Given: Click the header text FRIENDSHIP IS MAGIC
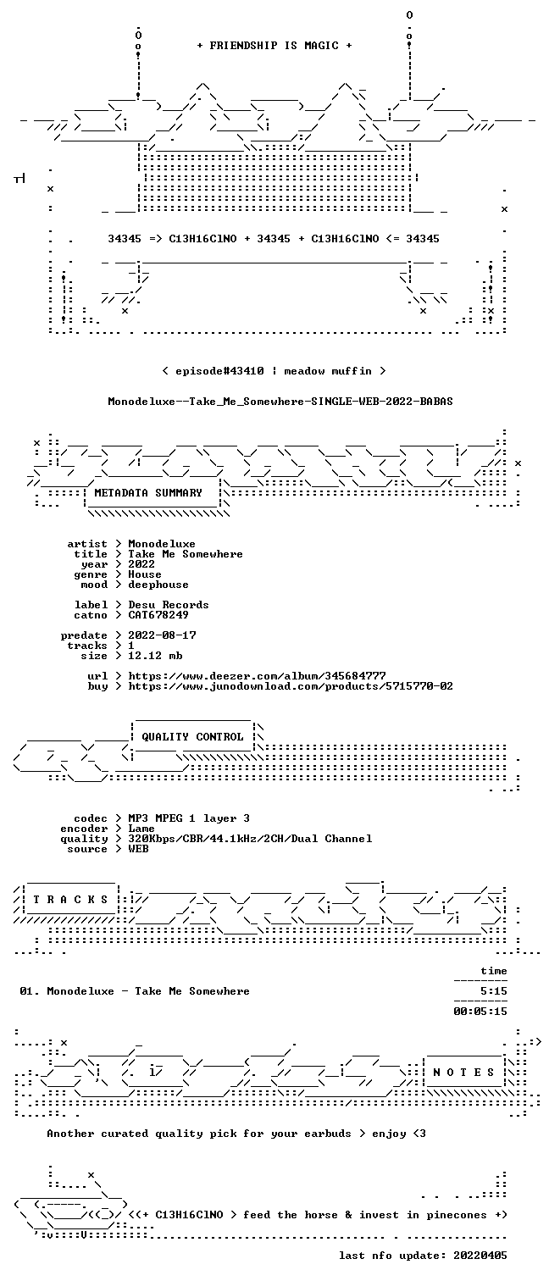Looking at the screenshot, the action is coord(274,46).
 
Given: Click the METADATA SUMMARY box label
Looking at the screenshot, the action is coord(148,493).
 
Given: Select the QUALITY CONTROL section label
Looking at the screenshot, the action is coord(192,737).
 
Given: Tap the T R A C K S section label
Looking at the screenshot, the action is coord(70,900).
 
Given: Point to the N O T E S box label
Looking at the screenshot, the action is coord(463,1073).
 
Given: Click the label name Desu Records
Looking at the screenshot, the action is coord(168,605).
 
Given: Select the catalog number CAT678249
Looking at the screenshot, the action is coord(158,615).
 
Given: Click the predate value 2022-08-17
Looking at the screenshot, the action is coord(162,635).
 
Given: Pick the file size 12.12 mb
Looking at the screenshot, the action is coord(155,656).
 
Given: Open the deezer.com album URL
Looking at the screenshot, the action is coord(257,676).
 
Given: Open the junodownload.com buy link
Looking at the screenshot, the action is coord(291,686).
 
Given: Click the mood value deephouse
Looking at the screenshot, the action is coord(158,585).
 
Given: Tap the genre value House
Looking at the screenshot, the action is coord(145,574).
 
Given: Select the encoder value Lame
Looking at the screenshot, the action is coord(141,829).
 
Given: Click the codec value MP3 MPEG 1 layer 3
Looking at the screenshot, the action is coord(189,818).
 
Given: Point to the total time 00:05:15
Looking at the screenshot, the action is coord(480,1012).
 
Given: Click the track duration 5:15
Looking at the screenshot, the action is coord(494,991).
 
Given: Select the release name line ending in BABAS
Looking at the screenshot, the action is coord(280,402).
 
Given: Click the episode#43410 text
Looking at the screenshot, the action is coord(219,371).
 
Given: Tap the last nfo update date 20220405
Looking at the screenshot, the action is coord(480,1256).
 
